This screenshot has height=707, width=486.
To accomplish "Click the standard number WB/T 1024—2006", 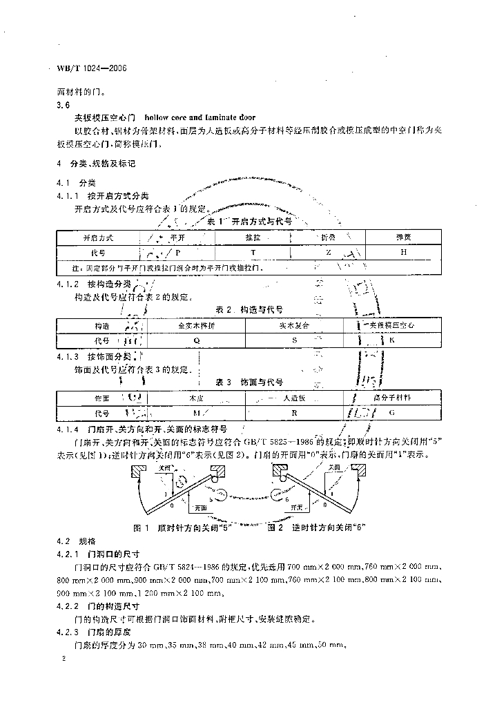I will (x=93, y=70).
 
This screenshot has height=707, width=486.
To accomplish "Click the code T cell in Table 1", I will (x=253, y=253).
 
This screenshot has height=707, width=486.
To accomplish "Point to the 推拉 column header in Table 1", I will (x=253, y=237).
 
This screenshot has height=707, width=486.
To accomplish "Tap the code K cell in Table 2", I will (x=391, y=340).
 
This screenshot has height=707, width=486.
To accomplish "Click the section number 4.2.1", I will (x=68, y=553).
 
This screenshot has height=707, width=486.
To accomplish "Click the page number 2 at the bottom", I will (x=63, y=660).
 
